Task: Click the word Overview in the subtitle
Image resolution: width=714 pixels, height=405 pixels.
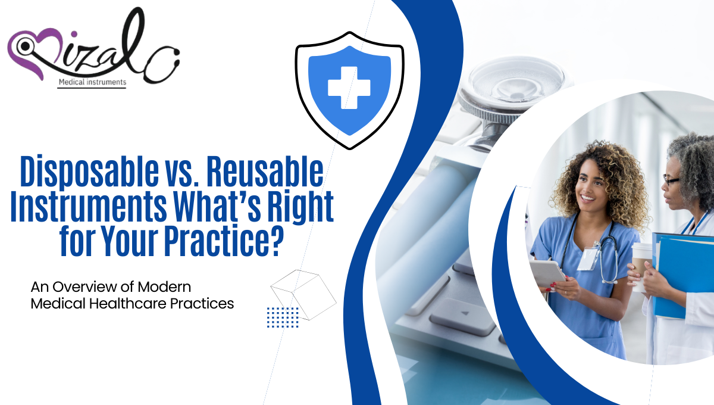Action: [x=80, y=286]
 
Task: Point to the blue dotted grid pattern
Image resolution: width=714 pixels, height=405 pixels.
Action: [x=283, y=317]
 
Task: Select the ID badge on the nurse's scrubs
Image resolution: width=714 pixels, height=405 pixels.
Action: [x=587, y=258]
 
